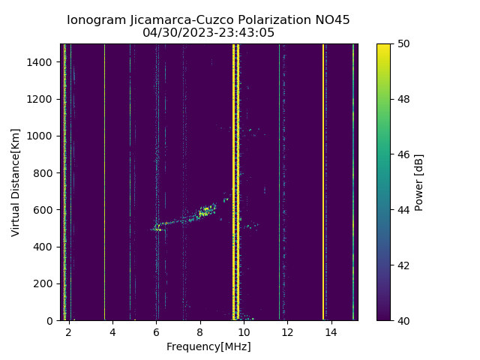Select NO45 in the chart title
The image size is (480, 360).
click(x=332, y=20)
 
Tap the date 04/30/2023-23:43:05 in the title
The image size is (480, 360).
click(x=208, y=33)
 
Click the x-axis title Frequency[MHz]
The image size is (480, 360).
click(x=208, y=346)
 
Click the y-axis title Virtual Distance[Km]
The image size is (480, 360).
click(x=16, y=181)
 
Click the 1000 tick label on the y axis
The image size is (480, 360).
click(x=42, y=136)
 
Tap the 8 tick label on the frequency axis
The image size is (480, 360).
click(x=200, y=331)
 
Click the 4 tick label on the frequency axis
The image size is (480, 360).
click(x=112, y=331)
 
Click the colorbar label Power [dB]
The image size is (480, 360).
click(x=419, y=181)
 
